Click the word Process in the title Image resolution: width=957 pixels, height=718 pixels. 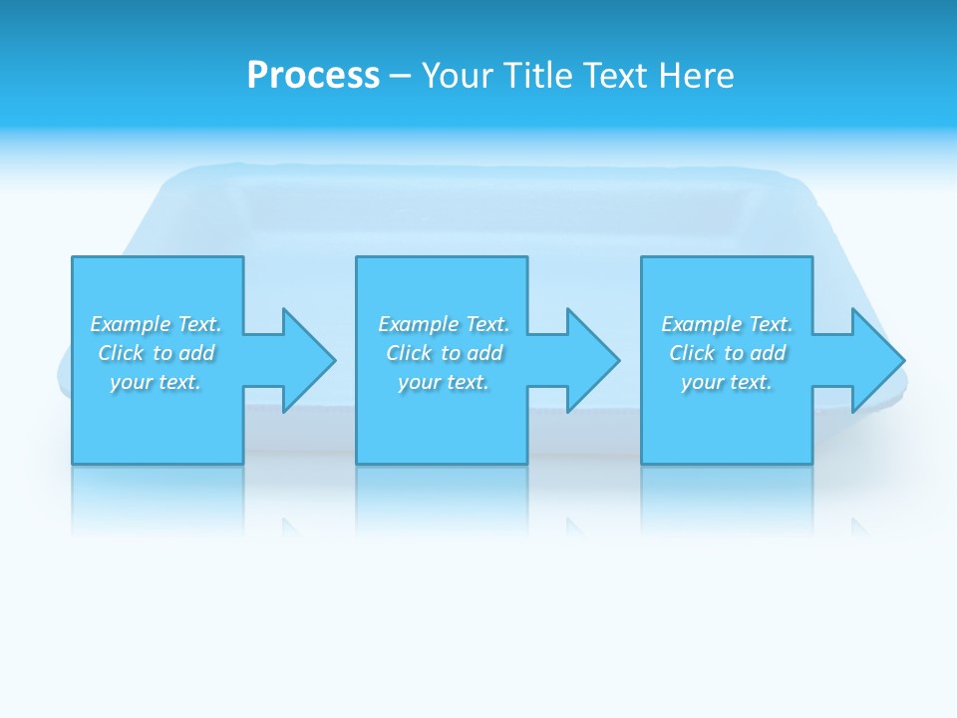click(x=313, y=76)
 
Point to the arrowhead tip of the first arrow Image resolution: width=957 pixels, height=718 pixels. click(x=335, y=360)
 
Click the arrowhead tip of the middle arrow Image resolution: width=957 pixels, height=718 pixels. click(x=619, y=360)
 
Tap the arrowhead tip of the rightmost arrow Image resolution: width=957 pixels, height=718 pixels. click(x=904, y=360)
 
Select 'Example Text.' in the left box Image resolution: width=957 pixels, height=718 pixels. click(x=156, y=324)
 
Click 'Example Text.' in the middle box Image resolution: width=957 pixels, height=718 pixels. click(x=444, y=324)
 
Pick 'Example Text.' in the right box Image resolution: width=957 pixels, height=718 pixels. click(x=727, y=324)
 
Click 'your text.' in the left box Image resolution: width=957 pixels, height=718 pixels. click(x=156, y=382)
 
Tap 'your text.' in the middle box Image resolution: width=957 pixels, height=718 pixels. click(x=444, y=382)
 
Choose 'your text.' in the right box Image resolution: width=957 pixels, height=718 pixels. click(x=727, y=382)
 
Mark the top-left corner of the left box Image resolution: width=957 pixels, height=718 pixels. click(x=73, y=257)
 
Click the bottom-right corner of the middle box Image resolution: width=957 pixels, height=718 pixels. click(x=527, y=463)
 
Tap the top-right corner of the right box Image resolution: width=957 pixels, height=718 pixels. click(x=811, y=257)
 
